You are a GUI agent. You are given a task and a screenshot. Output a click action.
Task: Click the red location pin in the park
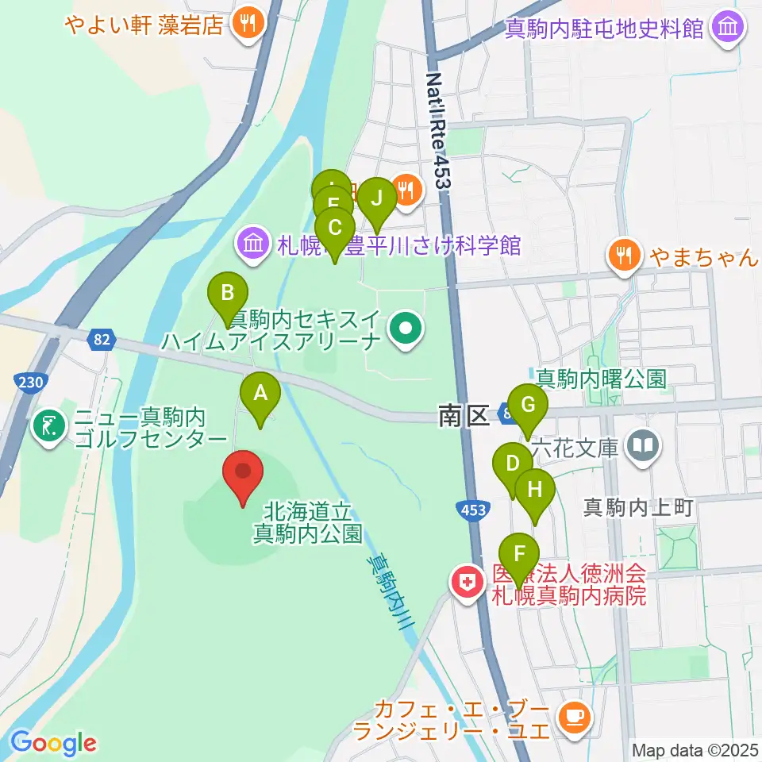tap(244, 473)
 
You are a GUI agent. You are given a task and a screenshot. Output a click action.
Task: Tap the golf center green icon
tap(49, 426)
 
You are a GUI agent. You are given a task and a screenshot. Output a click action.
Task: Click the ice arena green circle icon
tap(405, 327)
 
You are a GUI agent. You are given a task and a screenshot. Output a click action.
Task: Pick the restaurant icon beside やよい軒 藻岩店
tap(248, 25)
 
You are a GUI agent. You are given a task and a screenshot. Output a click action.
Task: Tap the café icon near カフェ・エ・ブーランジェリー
tap(572, 717)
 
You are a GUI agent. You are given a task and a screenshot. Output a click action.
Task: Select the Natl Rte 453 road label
tap(438, 131)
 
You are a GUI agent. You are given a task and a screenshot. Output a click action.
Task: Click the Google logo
tap(53, 744)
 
